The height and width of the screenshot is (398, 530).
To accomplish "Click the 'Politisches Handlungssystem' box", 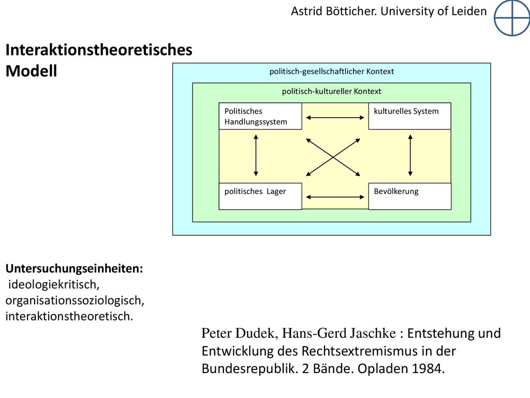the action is pyautogui.click(x=260, y=116).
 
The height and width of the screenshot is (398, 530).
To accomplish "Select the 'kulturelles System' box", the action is pyautogui.click(x=410, y=116).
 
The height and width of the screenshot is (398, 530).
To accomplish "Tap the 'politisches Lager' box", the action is pyautogui.click(x=260, y=196).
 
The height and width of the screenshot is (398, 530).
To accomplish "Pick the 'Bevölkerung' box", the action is pyautogui.click(x=410, y=196).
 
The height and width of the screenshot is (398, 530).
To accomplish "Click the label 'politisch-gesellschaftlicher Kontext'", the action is pyautogui.click(x=332, y=72).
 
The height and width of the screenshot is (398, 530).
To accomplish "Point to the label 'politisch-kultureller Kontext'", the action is pyautogui.click(x=332, y=91).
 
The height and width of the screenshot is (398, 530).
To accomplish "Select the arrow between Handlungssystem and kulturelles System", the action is pyautogui.click(x=335, y=118).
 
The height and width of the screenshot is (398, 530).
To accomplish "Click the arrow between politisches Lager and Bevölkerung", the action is pyautogui.click(x=335, y=197).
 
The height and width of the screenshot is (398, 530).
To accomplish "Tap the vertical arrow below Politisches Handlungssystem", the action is pyautogui.click(x=256, y=155).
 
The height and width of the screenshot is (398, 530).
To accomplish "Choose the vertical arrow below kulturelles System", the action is pyautogui.click(x=410, y=155).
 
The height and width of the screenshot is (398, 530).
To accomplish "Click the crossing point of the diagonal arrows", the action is pyautogui.click(x=333, y=158).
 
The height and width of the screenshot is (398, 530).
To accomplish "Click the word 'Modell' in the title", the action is pyautogui.click(x=32, y=71).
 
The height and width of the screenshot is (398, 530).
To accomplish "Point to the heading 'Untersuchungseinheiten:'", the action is pyautogui.click(x=75, y=268).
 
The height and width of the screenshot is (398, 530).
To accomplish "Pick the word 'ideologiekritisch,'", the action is pyautogui.click(x=54, y=285).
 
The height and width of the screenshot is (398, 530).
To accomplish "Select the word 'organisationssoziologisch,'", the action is pyautogui.click(x=75, y=301).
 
